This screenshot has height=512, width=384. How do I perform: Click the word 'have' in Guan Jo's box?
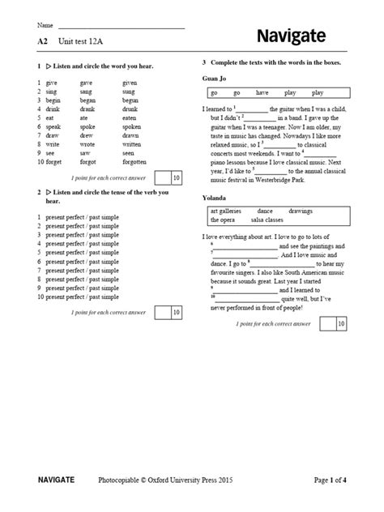[262, 92]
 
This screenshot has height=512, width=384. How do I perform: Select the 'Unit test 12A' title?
[86, 38]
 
